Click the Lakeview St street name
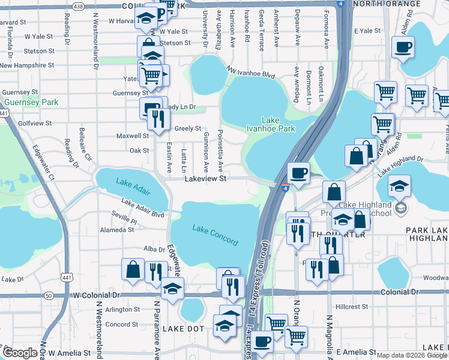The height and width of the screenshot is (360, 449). click(205, 179)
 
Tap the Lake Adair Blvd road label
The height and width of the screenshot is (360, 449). click(142, 208)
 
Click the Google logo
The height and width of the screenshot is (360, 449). click(20, 353)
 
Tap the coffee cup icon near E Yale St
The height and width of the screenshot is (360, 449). click(403, 46)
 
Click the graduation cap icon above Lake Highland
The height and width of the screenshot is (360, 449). click(399, 185)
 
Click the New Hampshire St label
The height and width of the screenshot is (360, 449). click(28, 65)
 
